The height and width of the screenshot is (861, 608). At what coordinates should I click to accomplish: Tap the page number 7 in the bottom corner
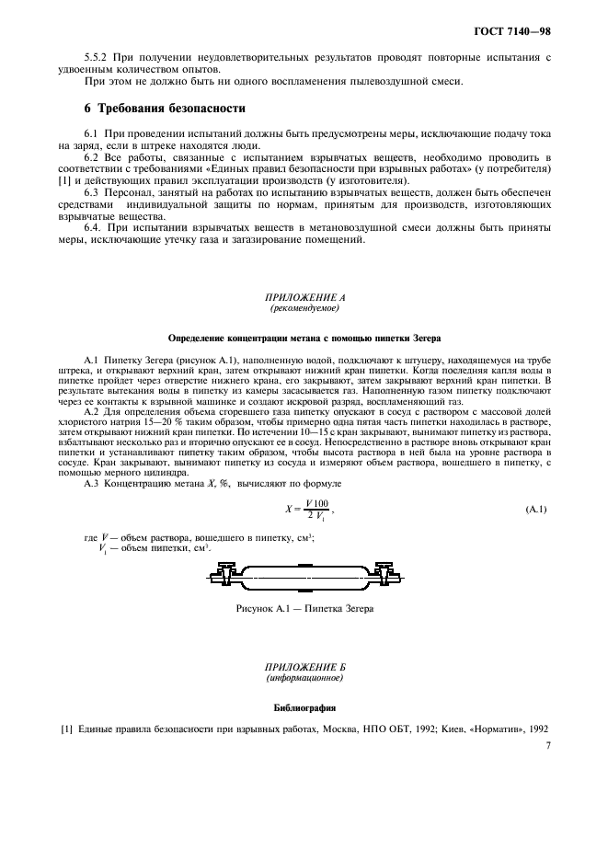[x=546, y=748]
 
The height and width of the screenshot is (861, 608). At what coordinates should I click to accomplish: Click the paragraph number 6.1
[x=91, y=134]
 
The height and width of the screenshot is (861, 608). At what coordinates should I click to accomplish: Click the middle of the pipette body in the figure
[x=305, y=580]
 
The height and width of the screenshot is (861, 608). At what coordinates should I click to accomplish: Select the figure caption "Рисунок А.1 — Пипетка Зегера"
[x=304, y=608]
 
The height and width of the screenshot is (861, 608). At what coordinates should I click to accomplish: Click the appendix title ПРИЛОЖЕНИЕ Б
[x=304, y=667]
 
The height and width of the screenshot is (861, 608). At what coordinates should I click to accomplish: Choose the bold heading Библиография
[x=304, y=708]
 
